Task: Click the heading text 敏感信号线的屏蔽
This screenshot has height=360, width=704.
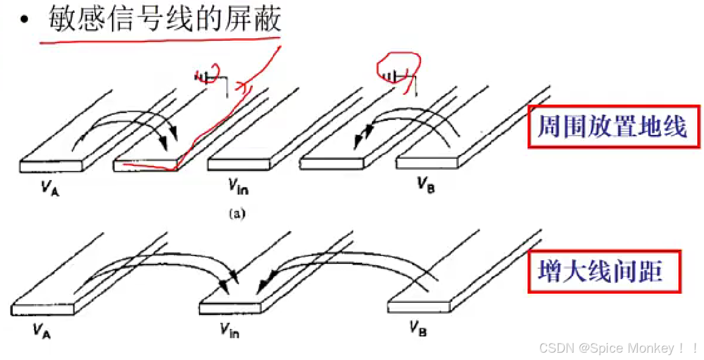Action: [164, 20]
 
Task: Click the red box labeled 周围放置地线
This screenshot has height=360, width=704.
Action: [612, 127]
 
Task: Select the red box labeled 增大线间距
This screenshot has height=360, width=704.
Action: [600, 271]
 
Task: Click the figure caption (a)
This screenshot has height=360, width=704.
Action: [235, 213]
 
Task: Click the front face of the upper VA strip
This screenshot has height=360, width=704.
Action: [51, 165]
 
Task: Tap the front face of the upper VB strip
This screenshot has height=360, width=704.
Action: [428, 164]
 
